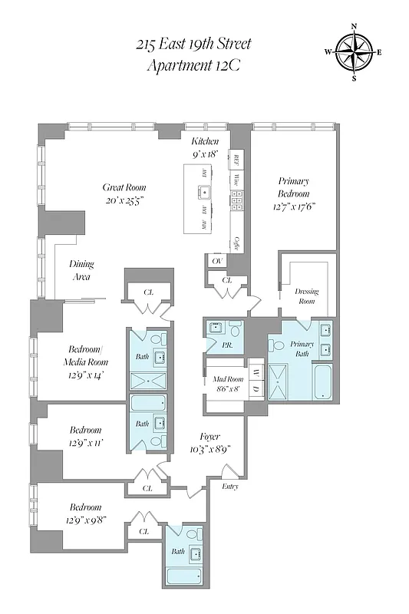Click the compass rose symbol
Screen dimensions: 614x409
point(353,52)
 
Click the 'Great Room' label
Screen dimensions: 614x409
point(124,187)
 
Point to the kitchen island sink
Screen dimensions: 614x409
point(204,192)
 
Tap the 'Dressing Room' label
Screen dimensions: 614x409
point(306,296)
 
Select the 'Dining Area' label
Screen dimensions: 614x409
point(81,269)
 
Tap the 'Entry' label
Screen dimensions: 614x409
point(229,487)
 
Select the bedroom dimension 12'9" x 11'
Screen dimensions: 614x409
point(85,443)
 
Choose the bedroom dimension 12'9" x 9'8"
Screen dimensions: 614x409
point(85,520)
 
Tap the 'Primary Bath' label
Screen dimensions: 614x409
point(299,349)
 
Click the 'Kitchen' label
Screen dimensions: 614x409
point(205,142)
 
